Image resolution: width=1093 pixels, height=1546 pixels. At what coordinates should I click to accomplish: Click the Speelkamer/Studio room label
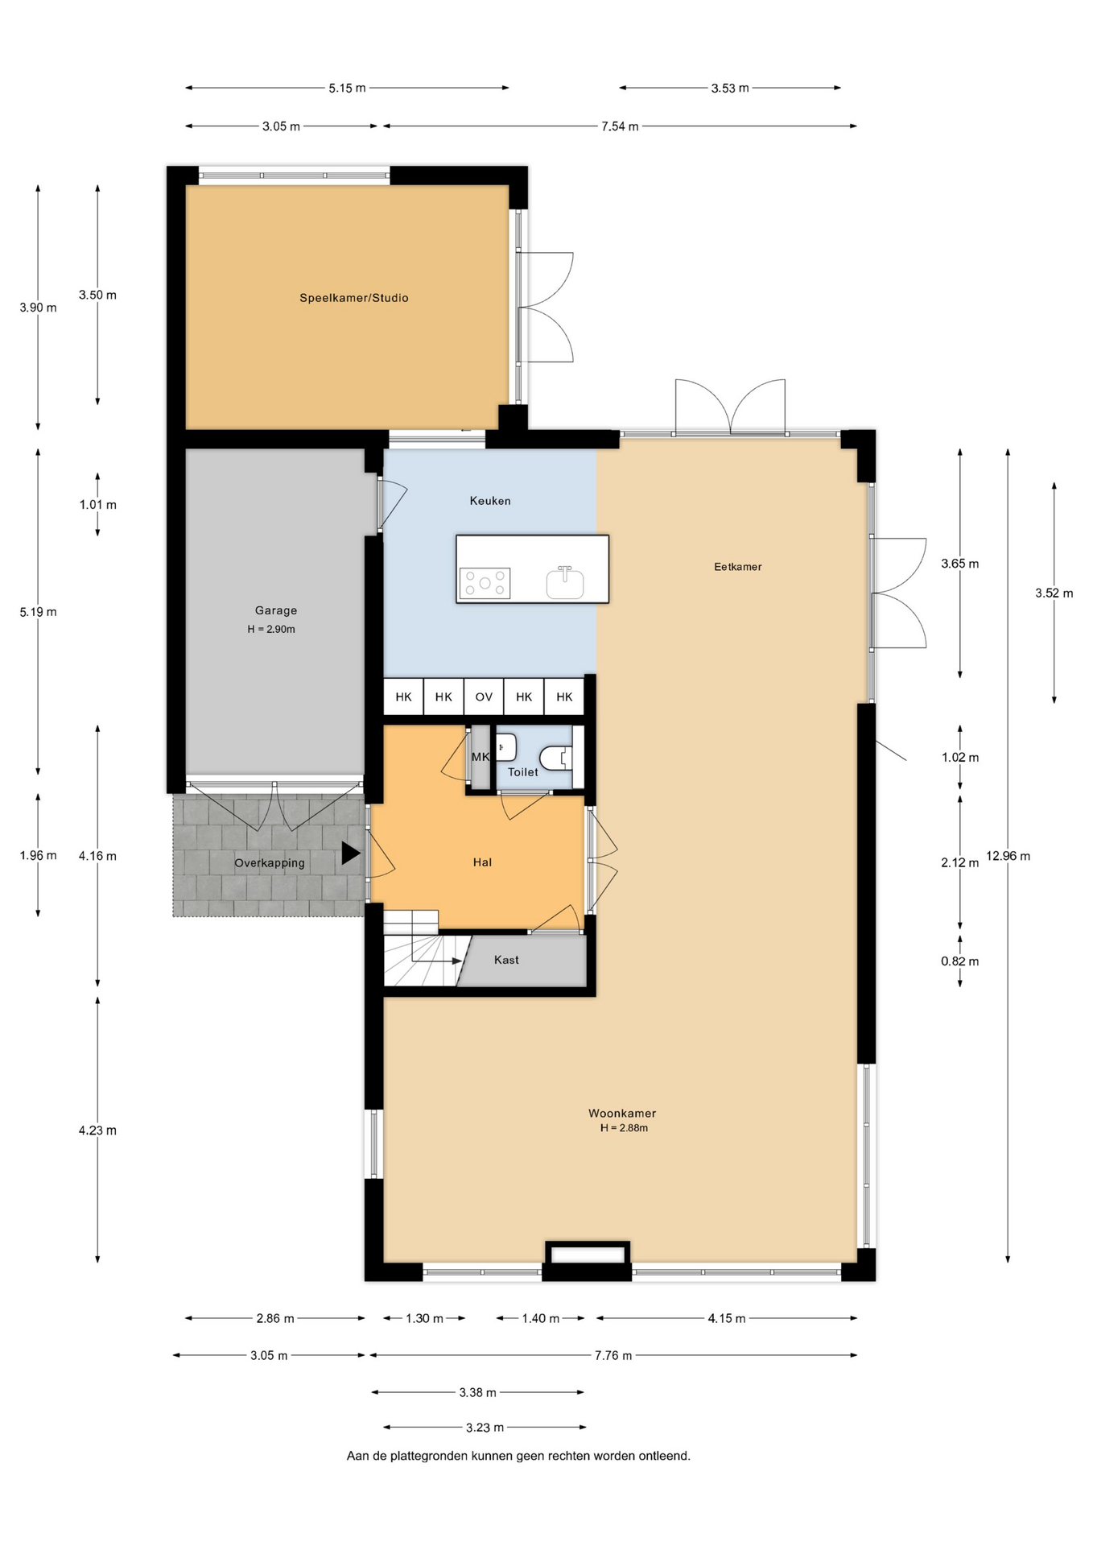tap(354, 298)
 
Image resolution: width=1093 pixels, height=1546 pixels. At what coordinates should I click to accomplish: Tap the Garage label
tap(276, 610)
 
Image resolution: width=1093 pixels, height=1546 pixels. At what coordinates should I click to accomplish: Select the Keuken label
tap(490, 501)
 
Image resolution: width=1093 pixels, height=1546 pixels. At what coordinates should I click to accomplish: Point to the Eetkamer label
tap(737, 567)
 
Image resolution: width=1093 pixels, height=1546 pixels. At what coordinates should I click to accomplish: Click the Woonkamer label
tap(622, 1114)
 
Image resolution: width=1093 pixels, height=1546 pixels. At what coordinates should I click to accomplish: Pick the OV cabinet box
tap(484, 697)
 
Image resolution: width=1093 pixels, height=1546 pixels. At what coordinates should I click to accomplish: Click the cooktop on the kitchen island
tap(485, 583)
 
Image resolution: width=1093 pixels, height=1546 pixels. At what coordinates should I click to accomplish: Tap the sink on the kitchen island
tap(565, 582)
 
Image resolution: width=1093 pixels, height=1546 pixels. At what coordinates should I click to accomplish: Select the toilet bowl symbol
tap(555, 757)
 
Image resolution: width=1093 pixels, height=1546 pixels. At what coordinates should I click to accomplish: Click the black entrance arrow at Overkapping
tap(350, 854)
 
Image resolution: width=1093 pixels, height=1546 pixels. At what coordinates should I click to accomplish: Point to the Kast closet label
tap(506, 960)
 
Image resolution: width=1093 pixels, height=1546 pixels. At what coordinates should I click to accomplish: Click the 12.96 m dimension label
tap(1008, 856)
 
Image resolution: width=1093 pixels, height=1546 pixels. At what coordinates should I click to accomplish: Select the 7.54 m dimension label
tap(620, 126)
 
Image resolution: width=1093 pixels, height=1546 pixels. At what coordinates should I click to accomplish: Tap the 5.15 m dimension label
tap(347, 88)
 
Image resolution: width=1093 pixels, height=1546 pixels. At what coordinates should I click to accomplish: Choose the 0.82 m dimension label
tap(960, 961)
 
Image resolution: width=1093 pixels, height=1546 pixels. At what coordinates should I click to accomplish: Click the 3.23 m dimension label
tap(485, 1428)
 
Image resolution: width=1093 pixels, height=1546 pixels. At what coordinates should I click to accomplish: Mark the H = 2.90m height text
tap(271, 630)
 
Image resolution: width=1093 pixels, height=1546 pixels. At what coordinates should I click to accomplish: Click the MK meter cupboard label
tap(481, 757)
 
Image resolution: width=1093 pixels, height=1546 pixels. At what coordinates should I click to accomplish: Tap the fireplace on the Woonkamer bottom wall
tap(588, 1255)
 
